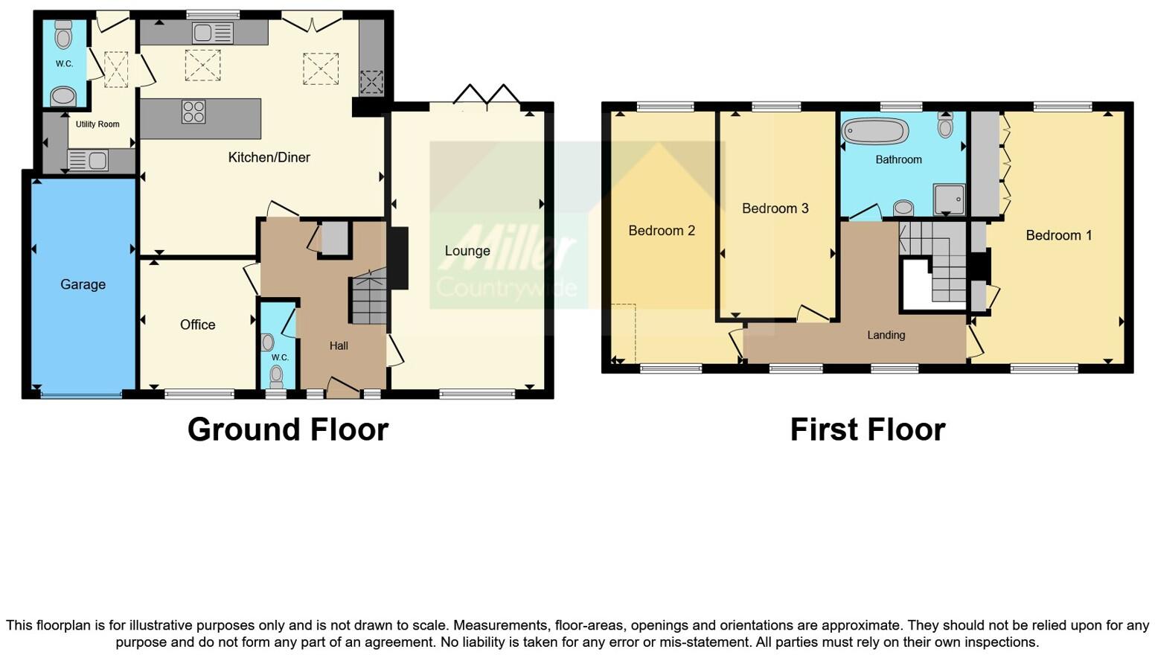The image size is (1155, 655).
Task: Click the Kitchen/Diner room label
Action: point(269,157)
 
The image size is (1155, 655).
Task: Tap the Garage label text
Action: point(83,284)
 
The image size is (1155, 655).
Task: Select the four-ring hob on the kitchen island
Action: point(193,112)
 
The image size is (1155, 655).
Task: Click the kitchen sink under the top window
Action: point(212,33)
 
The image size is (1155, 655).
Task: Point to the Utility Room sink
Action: point(88,159)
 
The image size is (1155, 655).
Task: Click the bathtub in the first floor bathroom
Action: point(875,132)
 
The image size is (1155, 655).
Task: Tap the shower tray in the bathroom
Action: point(949,199)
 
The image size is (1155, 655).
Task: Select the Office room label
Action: point(197,325)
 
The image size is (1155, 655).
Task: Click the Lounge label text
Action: point(467,251)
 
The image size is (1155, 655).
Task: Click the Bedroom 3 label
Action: point(775,208)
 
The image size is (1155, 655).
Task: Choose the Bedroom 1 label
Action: point(1058,235)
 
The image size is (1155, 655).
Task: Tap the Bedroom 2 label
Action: point(661,231)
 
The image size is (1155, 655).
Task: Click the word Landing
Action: point(886,335)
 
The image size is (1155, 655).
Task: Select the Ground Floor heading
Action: point(287,429)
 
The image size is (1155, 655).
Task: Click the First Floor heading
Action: point(867,429)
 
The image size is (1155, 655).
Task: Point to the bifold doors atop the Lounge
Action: point(487,95)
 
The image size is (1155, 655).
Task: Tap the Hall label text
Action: point(339,345)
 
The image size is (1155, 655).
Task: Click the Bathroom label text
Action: point(898,159)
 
